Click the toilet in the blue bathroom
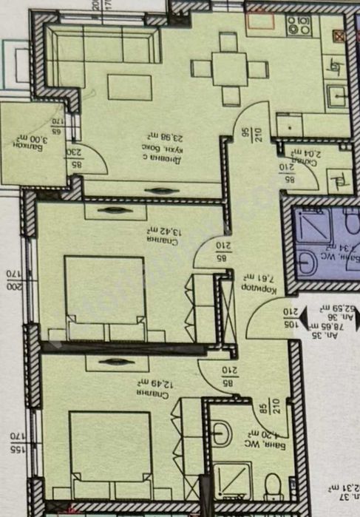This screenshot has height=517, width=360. point(307,261)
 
